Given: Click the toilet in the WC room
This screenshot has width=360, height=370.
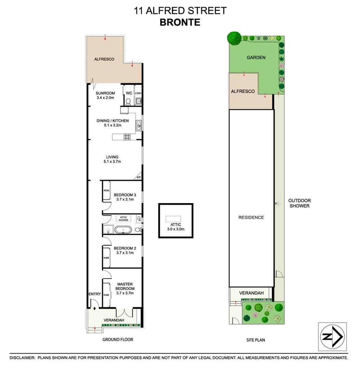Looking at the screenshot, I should tap(128, 101).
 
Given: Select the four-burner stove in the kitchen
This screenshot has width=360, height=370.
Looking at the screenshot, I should tap(127, 137).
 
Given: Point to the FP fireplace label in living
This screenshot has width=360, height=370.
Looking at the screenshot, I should tap(139, 177).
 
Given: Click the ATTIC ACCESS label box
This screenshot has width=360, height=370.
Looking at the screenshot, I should tap(124, 218).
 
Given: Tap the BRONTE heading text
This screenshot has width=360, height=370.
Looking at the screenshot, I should tap(180, 22).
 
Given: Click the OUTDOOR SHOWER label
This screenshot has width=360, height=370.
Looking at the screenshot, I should tap(299, 203).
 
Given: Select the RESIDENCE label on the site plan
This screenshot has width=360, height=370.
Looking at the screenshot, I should tap(251, 217).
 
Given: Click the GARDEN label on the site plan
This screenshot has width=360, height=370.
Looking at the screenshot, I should tap(256, 58).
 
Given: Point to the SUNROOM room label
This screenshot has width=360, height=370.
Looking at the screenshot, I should tap(105, 93).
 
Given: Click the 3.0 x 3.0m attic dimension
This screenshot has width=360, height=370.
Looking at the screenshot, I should tap(176, 229).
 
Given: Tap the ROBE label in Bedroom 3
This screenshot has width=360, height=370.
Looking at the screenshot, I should tap(106, 190).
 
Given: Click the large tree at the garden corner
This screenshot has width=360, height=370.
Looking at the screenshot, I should tap(234, 38).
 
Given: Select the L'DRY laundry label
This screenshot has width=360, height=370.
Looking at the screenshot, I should tap(138, 94).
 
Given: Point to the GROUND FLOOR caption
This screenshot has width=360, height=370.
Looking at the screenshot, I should tap(118, 340).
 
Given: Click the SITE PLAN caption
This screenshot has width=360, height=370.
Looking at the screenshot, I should tap(256, 340).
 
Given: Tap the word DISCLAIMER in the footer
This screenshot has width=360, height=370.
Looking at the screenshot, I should tap(22, 358).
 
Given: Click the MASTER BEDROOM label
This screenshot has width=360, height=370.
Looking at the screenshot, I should tap(125, 286).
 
